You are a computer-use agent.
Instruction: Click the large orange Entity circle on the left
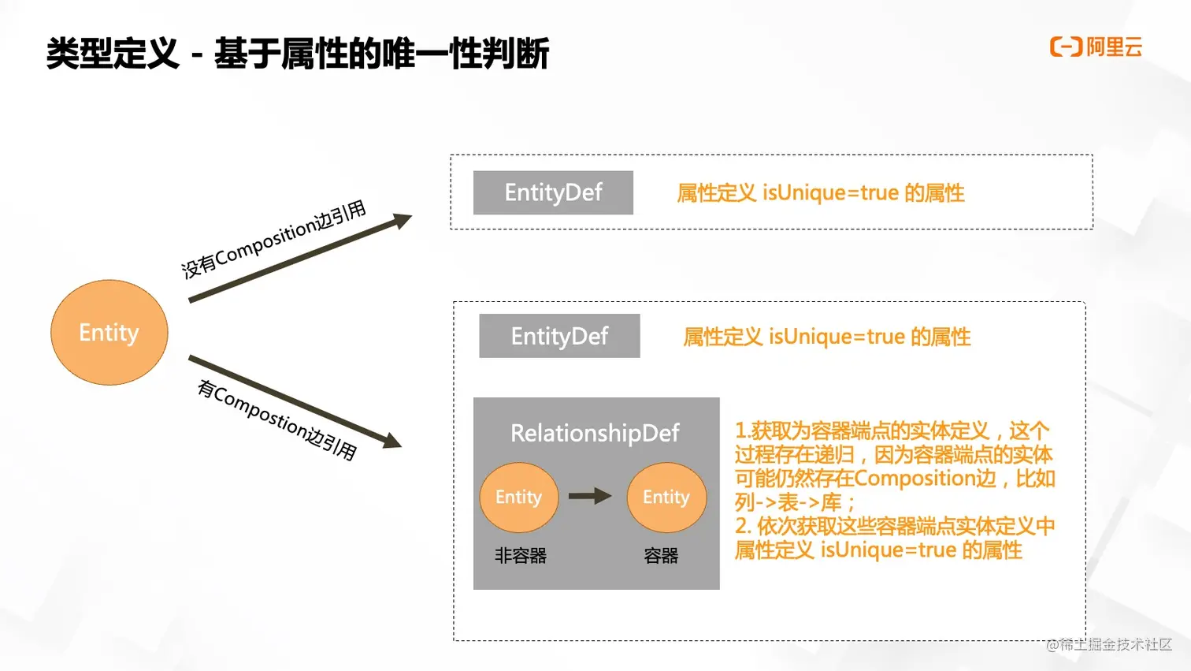[109, 333]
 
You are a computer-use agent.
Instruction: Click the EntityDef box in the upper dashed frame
[553, 192]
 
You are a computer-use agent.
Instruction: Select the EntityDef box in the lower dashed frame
[559, 336]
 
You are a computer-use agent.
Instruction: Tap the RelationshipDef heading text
[595, 433]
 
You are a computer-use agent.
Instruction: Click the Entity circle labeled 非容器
[518, 498]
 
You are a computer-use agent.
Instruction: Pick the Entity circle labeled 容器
[666, 498]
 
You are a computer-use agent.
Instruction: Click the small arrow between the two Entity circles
[590, 496]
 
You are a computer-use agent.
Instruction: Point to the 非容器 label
[520, 556]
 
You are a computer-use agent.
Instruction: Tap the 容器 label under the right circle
[661, 556]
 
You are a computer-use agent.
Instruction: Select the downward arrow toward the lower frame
[295, 401]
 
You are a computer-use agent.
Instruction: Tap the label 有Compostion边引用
[276, 419]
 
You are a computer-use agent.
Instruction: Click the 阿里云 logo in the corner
[1096, 47]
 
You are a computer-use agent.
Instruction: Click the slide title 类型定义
[113, 54]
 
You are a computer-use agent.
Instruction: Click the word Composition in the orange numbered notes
[925, 479]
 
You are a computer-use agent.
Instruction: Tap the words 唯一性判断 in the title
[465, 54]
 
